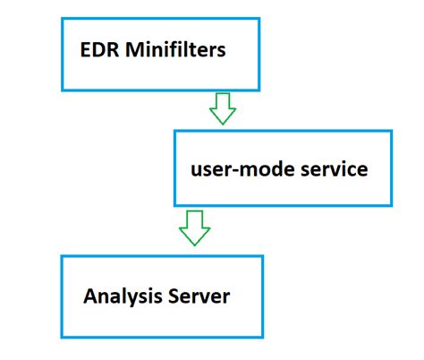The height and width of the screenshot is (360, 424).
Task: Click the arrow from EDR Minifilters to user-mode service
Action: click(x=221, y=109)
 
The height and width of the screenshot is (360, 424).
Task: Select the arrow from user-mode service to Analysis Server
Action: click(x=194, y=229)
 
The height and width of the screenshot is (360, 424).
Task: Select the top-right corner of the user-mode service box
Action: click(x=392, y=132)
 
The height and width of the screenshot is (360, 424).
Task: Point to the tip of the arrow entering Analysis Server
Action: click(x=194, y=245)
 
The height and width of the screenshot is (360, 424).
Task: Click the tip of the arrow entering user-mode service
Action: click(x=221, y=124)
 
